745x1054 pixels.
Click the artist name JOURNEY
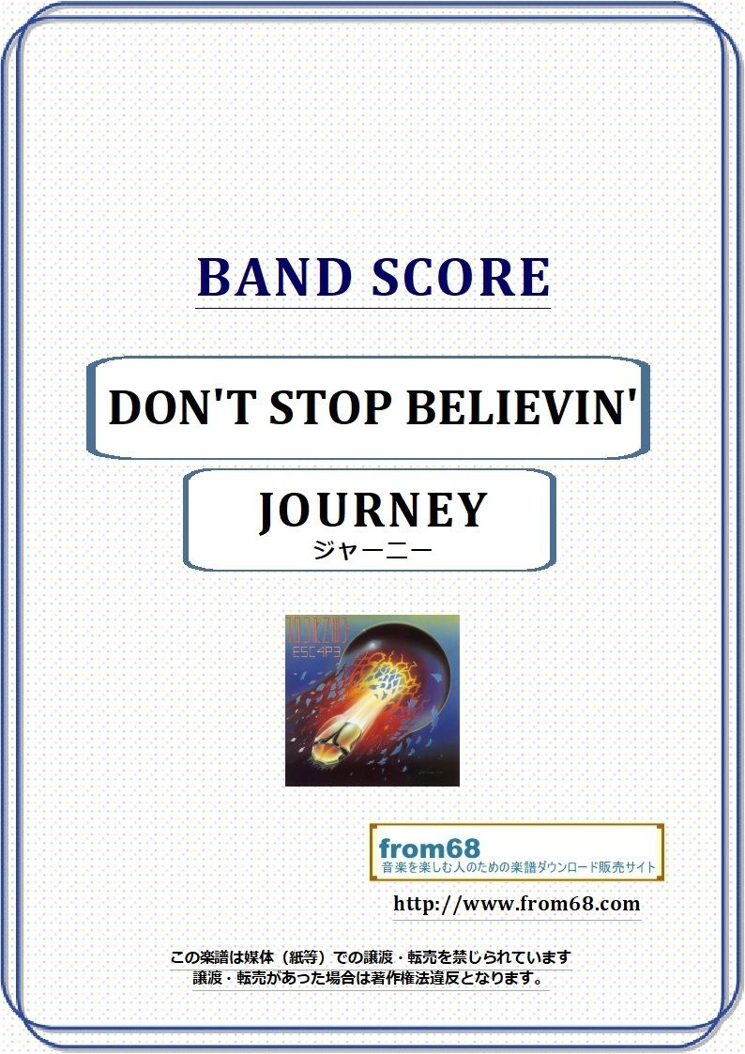[x=372, y=511]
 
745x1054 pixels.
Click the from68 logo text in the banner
[x=428, y=848]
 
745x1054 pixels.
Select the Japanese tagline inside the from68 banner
[x=517, y=867]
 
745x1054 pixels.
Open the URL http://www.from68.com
[x=516, y=905]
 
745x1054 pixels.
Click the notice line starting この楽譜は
[x=370, y=958]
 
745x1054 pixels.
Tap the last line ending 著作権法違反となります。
[x=370, y=979]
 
